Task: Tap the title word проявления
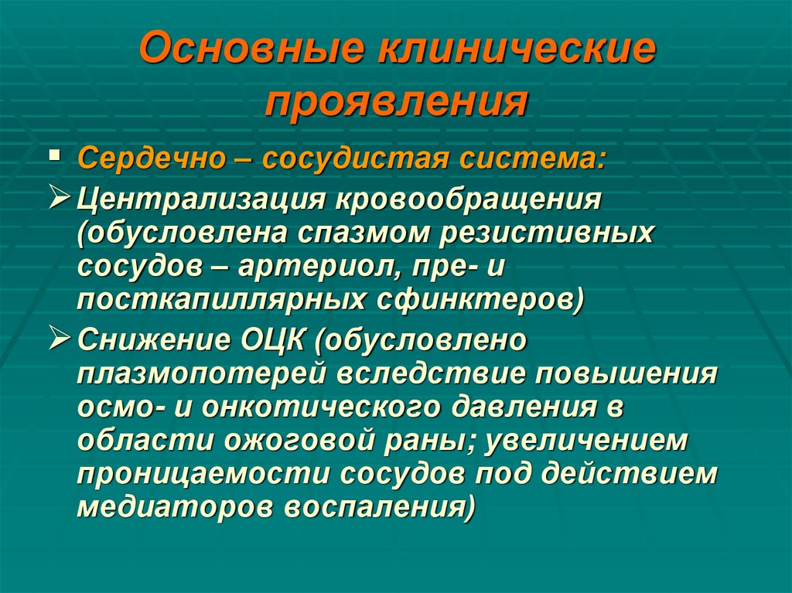[396, 101]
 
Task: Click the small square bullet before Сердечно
[53, 156]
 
